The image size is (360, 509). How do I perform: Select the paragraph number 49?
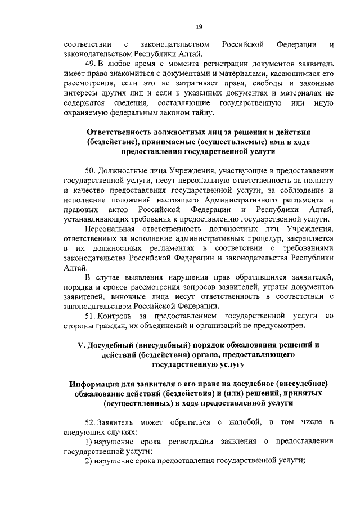90,63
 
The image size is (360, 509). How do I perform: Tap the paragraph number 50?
90,170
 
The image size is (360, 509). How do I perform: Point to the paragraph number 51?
90,316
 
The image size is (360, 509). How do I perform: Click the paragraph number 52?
90,422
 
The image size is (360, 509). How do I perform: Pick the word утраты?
275,286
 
